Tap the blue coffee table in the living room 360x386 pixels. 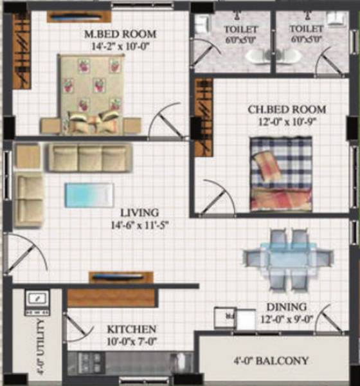coord(89,195)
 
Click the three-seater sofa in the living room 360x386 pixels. coord(89,158)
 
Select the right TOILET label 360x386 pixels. coord(306,29)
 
